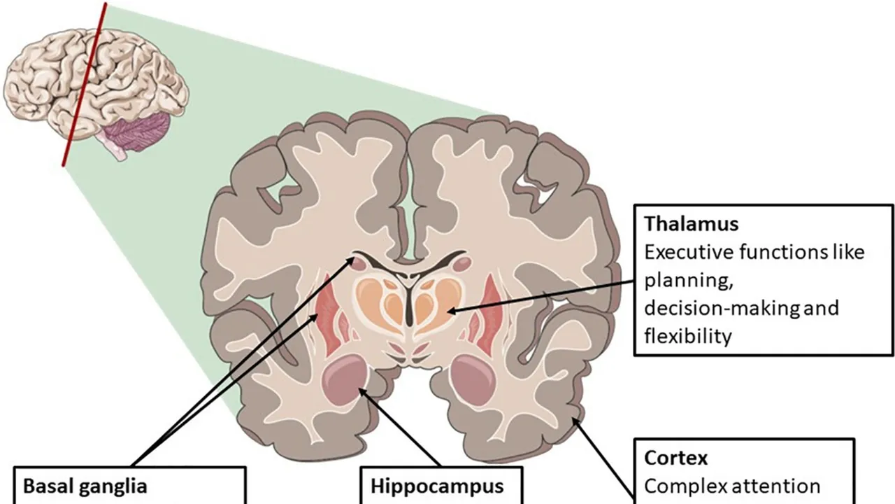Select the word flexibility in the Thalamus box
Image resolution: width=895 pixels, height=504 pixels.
pos(688,336)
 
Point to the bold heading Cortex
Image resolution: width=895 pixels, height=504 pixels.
pos(675,458)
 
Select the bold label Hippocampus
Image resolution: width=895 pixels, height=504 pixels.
pos(436,486)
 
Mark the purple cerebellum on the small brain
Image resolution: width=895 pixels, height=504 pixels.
pos(137,131)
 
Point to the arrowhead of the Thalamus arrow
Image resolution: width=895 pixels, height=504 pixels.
pos(450,310)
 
